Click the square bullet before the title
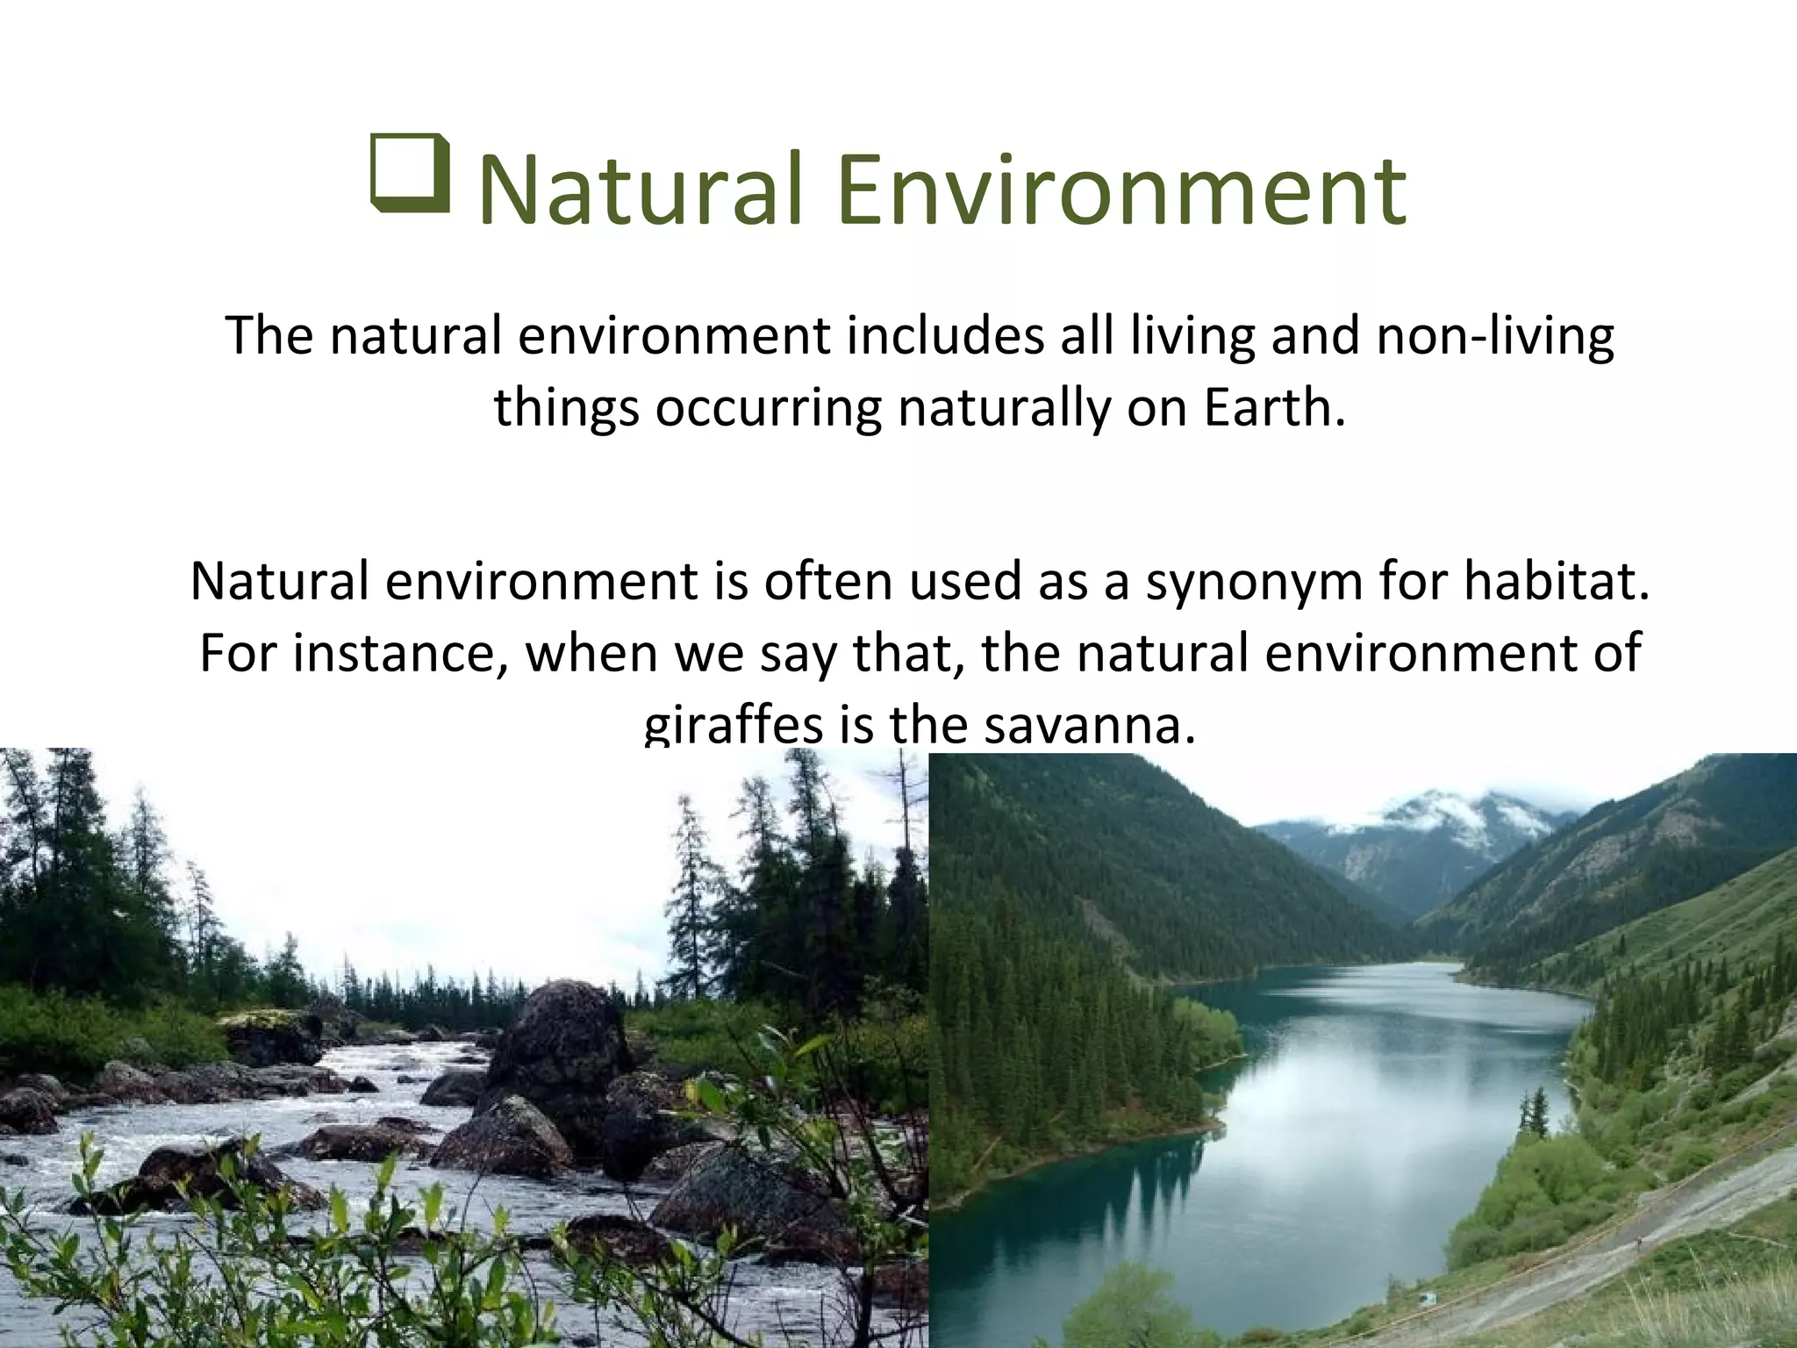coord(410,174)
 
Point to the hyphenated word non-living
coord(1494,336)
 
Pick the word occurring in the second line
coord(768,408)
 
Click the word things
coord(565,408)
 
